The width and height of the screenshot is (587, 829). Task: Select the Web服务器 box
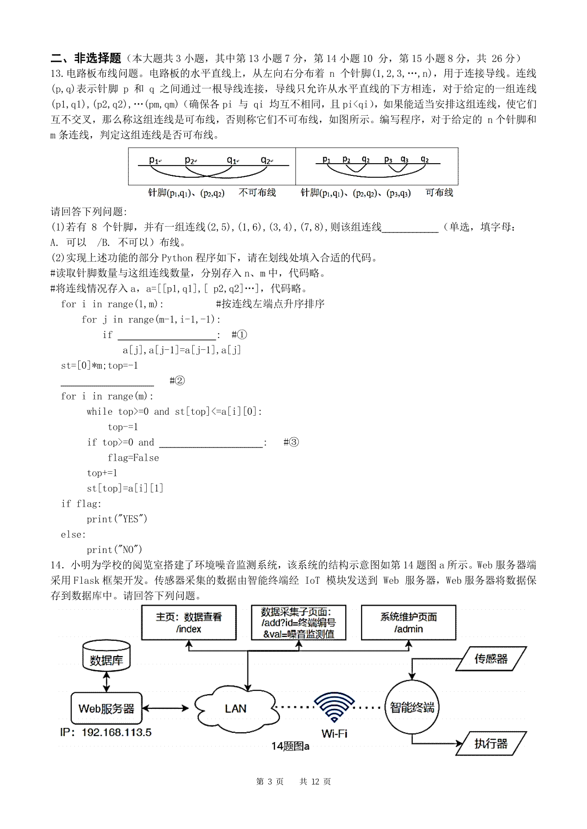[x=106, y=708]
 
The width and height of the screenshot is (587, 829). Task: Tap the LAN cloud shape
[x=235, y=708]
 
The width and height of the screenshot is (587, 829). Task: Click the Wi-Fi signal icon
[x=335, y=707]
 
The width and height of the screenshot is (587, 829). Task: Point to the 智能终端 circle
[x=412, y=707]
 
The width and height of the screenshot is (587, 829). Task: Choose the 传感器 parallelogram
[x=491, y=659]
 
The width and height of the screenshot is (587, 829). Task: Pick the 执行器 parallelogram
[x=491, y=744]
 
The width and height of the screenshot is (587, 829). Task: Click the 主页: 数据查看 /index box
[x=189, y=622]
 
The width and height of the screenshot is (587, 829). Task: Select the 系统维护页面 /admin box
[x=408, y=622]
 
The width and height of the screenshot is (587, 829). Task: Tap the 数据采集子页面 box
[x=298, y=622]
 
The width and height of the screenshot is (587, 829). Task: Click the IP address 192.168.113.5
[x=106, y=732]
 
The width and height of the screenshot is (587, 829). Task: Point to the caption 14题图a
[x=290, y=746]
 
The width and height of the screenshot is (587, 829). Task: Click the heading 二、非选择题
[x=86, y=58]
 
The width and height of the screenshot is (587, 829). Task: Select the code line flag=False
[x=133, y=458]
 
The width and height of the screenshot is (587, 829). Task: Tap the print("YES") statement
[x=117, y=519]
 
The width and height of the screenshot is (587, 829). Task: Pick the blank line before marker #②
[x=107, y=381]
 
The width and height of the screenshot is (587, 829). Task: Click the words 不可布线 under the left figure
[x=257, y=193]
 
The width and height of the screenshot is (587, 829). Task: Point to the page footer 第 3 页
[x=270, y=782]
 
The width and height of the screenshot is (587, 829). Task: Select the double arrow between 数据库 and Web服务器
[x=106, y=681]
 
